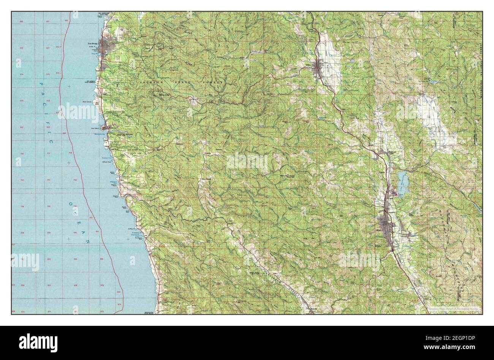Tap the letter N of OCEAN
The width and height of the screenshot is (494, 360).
88,241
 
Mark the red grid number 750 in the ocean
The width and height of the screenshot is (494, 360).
22,180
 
